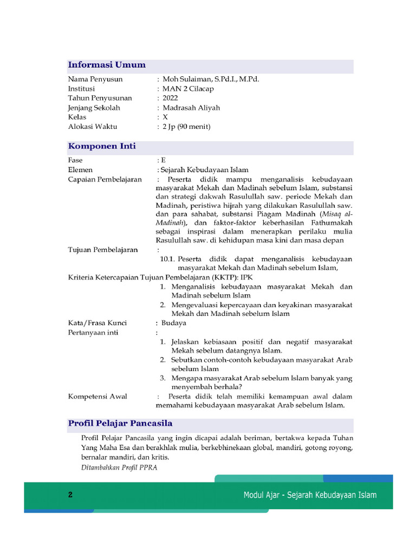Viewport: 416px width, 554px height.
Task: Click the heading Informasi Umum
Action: click(107, 65)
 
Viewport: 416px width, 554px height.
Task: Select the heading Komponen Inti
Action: click(102, 147)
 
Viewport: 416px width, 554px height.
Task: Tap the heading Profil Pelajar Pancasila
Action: click(120, 423)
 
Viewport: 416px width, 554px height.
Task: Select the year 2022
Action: click(170, 98)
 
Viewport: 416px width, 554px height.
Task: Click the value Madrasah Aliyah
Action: click(191, 108)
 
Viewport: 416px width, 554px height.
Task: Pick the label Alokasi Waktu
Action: click(93, 127)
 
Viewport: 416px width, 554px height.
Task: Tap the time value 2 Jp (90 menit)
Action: click(186, 127)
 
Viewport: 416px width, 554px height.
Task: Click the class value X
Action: click(165, 117)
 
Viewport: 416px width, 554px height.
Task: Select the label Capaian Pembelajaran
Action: click(105, 180)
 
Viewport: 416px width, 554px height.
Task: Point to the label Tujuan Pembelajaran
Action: click(103, 250)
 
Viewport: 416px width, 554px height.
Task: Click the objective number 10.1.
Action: click(167, 259)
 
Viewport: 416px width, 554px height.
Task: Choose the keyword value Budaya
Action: click(174, 323)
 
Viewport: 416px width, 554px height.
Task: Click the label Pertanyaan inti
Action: click(93, 332)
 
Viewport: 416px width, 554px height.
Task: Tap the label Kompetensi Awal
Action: click(97, 397)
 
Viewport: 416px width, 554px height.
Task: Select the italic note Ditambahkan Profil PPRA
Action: click(119, 467)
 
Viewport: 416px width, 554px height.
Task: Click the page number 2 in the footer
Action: click(70, 495)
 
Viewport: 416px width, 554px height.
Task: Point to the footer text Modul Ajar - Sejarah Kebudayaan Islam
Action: click(310, 495)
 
